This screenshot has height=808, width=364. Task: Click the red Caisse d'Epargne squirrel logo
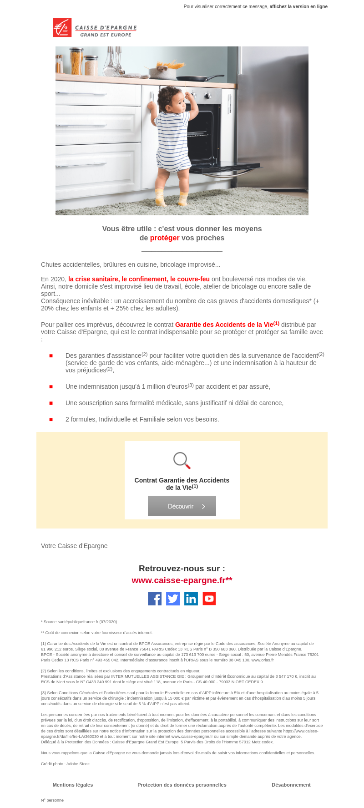point(62,28)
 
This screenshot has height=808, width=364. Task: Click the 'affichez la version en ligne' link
point(298,7)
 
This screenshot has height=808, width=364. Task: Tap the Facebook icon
point(155,599)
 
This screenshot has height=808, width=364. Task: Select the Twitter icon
point(173,599)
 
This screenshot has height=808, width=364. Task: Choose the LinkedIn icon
point(191,599)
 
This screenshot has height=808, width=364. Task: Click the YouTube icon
point(209,599)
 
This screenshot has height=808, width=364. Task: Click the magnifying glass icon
point(182,460)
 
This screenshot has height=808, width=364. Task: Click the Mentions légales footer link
point(73,785)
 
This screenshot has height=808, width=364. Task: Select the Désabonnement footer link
point(291,785)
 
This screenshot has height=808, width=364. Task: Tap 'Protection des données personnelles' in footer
point(182,785)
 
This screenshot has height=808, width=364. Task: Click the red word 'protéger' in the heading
point(165,238)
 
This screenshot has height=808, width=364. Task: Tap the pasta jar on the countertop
point(76,61)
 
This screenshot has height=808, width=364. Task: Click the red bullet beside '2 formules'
point(51,419)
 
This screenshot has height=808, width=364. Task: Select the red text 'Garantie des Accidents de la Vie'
point(224,325)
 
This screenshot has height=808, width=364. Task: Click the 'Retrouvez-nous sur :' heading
point(182,569)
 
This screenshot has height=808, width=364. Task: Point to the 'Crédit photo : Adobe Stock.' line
point(66,764)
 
